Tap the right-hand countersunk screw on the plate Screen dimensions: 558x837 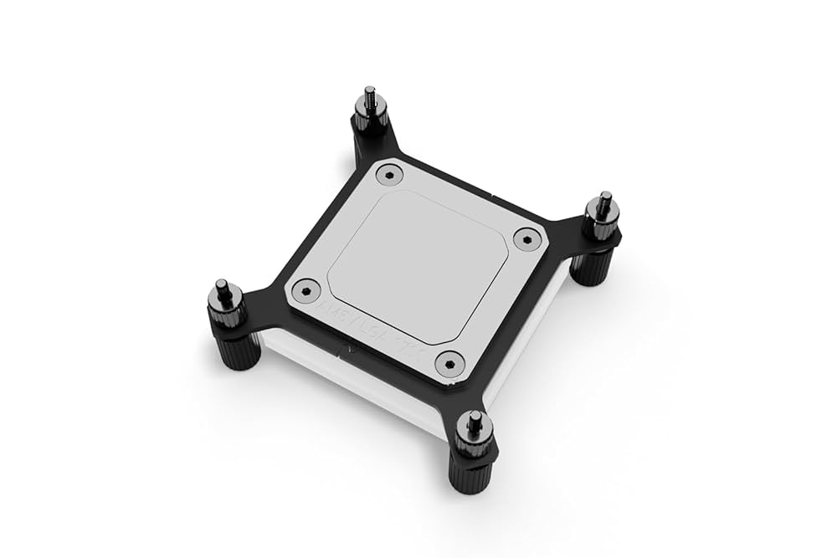524,239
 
